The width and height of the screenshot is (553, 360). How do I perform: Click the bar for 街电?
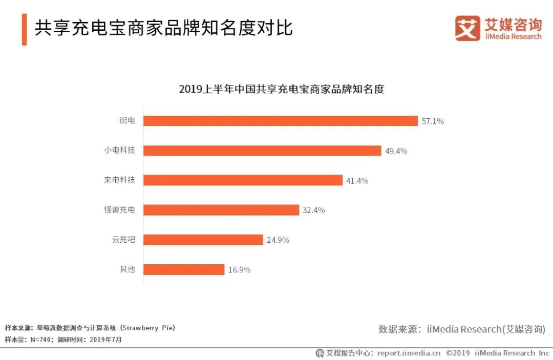coord(281,121)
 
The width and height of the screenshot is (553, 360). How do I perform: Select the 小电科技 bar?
coord(262,151)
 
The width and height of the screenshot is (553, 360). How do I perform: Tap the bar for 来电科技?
coord(243,180)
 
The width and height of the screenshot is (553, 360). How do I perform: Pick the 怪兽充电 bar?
coord(221,210)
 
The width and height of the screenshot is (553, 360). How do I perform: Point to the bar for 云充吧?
coord(203,240)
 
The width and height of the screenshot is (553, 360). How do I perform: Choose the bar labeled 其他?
coord(184,269)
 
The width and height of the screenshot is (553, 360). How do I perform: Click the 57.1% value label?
coord(433,121)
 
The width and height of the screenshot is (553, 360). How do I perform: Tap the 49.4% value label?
coord(396,151)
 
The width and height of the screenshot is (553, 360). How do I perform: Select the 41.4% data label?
coord(357,181)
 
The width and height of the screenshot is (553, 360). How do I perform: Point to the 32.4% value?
coord(313,210)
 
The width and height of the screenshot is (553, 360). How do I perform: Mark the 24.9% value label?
coord(278,240)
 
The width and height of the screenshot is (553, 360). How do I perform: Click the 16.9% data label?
coord(239,270)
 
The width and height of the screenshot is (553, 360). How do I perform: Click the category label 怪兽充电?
coord(120,210)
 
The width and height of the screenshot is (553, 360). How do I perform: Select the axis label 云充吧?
coord(123,240)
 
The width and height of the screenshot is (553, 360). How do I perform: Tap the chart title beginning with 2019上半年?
coord(281,89)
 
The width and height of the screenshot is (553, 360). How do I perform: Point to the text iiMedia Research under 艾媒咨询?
coord(513,37)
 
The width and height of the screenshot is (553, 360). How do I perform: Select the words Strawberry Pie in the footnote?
coord(151,328)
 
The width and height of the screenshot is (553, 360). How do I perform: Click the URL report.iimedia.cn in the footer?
coord(409,353)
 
